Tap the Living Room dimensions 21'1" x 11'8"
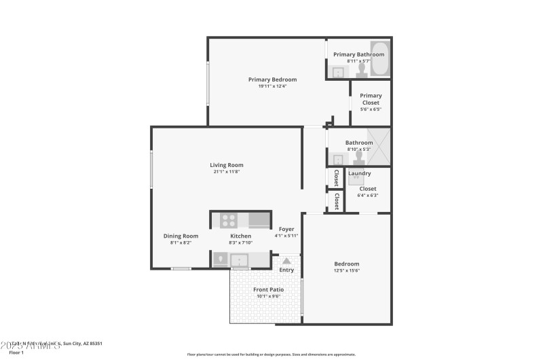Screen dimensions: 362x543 coord(226,172)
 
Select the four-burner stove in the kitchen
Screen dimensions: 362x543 coord(228,220)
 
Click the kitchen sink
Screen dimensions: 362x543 coord(239,259)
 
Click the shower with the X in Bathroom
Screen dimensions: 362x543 coord(379,147)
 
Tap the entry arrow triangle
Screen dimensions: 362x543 coord(286,260)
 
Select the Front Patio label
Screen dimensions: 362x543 coord(269,289)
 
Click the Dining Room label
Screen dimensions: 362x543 coord(181,236)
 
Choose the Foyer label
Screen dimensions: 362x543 coord(286,229)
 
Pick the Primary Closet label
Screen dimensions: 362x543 coord(371,99)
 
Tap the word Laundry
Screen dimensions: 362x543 coord(359,173)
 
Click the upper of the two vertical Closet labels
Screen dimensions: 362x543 coord(336,177)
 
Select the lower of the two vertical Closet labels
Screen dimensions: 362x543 coord(336,202)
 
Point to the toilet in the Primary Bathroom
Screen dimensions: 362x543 coord(361,70)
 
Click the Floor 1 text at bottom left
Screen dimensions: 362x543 coord(16,352)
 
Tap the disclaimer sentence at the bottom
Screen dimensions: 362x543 coord(271,354)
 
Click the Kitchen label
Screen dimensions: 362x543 coord(241,236)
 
